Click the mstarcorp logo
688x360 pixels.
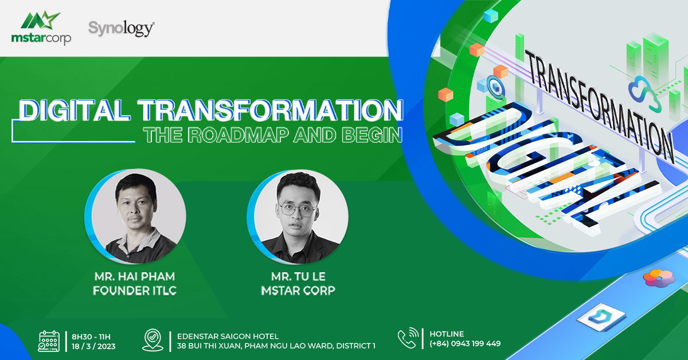point(41,28)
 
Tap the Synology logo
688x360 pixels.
point(122,29)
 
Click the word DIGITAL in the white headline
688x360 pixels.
point(74,110)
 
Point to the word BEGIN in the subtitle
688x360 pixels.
point(372,135)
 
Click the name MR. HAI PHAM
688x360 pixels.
point(135,276)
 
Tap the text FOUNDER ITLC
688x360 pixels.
point(135,290)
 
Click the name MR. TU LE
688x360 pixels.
point(298,276)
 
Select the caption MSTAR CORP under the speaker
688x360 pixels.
point(298,290)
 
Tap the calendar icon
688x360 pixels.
point(49,341)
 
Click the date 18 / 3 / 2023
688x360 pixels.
point(93,346)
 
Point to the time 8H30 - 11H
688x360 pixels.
point(91,336)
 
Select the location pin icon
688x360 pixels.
point(153,340)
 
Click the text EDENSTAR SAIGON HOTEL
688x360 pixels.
point(228,336)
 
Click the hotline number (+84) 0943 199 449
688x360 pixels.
point(465,343)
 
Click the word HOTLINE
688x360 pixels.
point(447,334)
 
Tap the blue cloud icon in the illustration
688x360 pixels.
point(644,93)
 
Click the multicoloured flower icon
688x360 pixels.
point(659,278)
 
